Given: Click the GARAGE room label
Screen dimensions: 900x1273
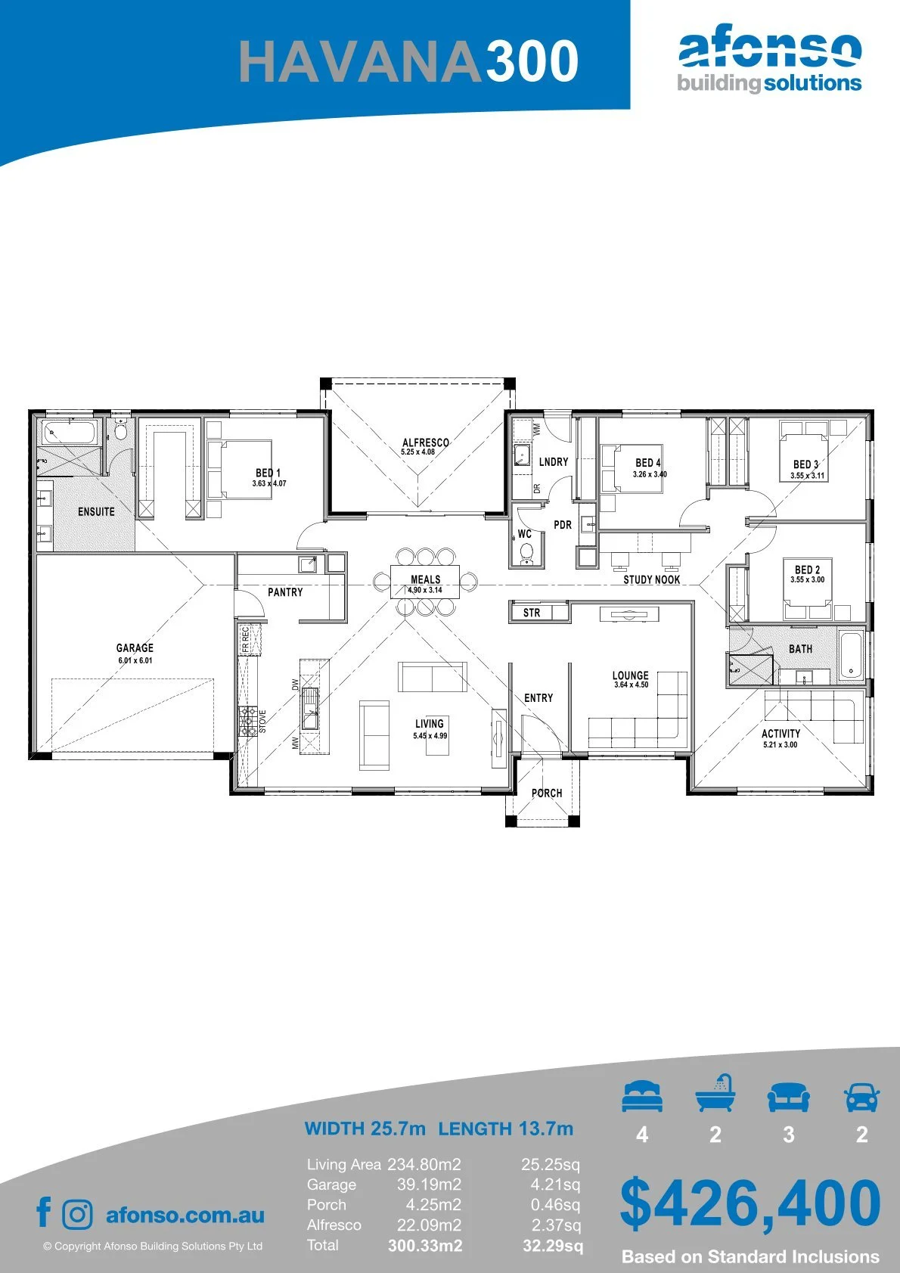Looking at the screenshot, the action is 135,648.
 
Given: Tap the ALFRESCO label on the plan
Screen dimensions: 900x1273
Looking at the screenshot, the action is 426,442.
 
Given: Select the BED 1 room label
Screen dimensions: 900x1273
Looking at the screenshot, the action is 268,473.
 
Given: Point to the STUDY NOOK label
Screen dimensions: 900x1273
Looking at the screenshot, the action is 652,579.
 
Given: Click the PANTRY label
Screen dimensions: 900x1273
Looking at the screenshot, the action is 285,592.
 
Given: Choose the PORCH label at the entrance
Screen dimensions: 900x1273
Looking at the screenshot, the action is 547,793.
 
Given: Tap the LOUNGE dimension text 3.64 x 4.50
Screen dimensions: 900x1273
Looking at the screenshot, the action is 632,685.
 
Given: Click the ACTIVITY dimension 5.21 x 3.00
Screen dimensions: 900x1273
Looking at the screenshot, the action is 780,744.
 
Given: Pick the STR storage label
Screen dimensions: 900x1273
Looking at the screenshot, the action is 532,613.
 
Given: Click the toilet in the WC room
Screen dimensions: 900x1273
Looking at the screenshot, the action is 526,553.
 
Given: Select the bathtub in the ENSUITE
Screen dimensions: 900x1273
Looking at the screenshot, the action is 70,433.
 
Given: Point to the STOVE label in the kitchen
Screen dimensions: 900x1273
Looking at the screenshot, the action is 262,721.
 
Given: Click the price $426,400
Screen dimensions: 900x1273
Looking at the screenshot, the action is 750,1203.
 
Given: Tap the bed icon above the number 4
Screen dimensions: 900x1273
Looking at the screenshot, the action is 642,1095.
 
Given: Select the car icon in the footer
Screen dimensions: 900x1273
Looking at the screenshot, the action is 862,1097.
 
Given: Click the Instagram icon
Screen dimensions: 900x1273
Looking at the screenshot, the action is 77,1215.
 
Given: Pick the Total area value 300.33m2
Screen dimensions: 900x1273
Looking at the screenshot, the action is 425,1246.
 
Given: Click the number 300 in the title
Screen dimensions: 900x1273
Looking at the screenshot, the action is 532,61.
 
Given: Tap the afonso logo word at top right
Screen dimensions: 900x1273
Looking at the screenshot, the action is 770,49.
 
